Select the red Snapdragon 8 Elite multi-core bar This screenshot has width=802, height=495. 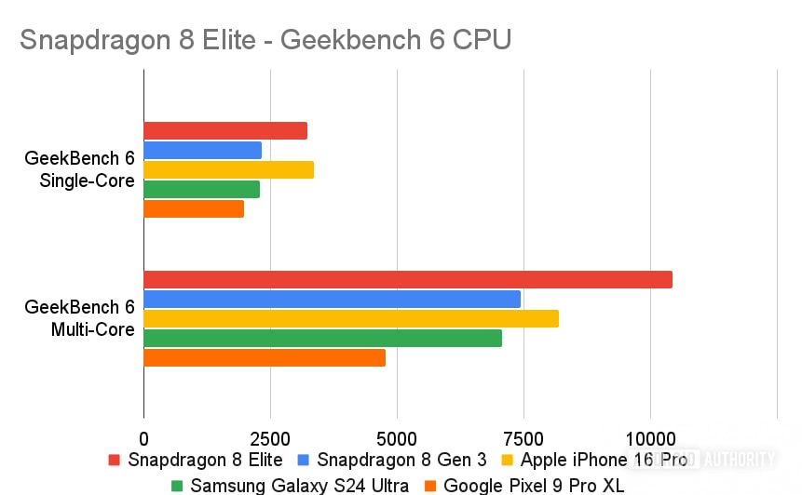point(407,279)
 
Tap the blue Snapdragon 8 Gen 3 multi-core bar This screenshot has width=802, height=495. point(332,299)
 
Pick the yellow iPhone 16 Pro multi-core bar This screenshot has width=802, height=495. point(350,318)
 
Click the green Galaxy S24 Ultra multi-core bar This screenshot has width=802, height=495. point(322,338)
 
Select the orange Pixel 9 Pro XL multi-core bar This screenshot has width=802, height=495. point(264,357)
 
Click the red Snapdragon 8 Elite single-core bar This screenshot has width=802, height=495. point(224,131)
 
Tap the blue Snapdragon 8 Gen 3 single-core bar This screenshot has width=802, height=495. point(202,150)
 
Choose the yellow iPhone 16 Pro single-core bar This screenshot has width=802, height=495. point(228,169)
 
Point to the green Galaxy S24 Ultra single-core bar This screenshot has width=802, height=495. point(201,189)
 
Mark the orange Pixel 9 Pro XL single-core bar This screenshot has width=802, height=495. point(193,208)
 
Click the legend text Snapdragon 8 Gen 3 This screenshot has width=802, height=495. point(401,460)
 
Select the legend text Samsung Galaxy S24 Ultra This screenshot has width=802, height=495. point(299,485)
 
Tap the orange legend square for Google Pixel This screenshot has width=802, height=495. point(430,485)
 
